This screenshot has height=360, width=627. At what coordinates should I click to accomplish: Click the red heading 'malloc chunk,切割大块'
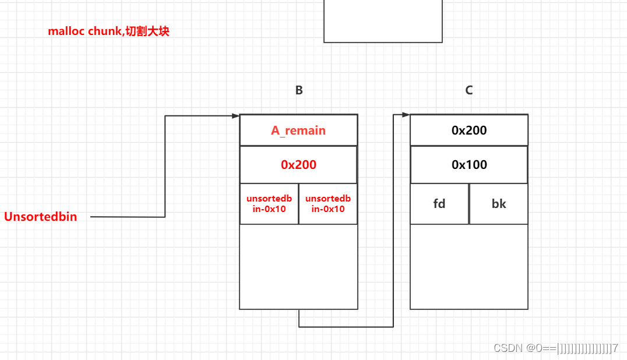108,31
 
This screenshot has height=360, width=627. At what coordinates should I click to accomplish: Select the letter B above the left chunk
299,90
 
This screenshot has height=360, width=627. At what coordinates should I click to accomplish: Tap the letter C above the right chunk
469,90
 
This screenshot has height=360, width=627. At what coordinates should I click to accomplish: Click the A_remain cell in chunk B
298,130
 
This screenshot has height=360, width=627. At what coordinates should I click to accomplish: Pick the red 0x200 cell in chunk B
298,165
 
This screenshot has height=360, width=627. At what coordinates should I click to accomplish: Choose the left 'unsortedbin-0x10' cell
269,204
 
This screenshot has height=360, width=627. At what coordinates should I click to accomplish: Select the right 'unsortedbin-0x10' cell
328,204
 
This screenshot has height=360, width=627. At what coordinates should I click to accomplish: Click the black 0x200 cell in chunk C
469,130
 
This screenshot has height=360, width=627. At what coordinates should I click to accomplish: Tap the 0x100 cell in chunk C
469,165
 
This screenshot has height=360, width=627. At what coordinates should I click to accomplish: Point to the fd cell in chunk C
439,204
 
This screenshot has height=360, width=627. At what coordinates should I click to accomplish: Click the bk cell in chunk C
499,204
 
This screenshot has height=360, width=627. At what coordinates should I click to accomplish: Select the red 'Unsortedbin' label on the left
41,217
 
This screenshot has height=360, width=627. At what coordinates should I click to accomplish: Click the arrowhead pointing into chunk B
235,116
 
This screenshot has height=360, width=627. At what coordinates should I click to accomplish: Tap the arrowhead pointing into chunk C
406,115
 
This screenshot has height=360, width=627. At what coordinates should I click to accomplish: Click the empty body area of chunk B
298,266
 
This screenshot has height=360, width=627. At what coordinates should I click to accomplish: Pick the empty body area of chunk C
469,266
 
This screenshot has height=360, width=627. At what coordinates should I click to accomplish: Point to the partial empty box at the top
382,20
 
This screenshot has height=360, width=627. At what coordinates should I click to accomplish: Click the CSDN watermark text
555,348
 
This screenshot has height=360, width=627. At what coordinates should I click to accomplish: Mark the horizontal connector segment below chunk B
346,327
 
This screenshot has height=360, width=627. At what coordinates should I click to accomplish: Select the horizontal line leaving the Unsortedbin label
128,217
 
